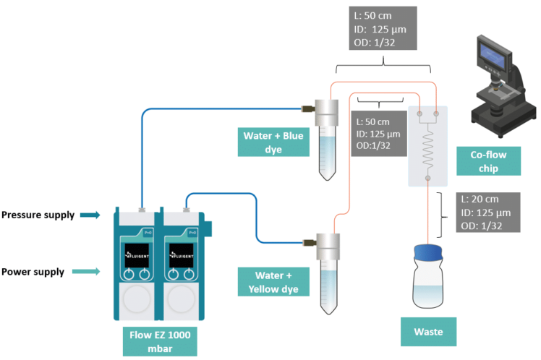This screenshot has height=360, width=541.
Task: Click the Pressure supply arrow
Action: click(90, 215)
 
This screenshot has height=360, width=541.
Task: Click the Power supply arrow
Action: click(90, 272)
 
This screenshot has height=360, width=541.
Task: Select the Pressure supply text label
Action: click(38, 215)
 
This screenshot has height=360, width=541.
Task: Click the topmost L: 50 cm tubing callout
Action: click(382, 27)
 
